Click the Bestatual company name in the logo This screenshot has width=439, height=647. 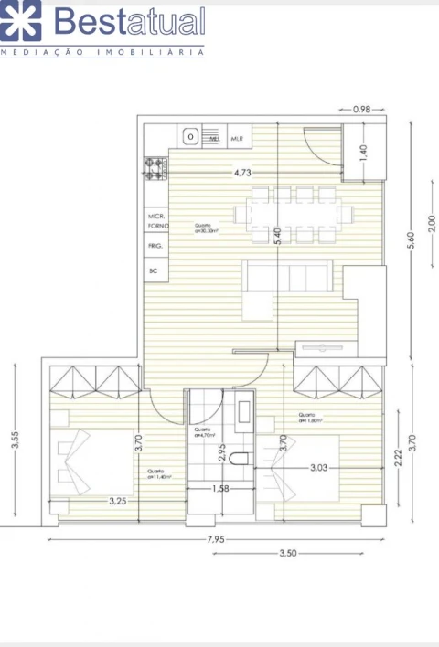[x=130, y=21]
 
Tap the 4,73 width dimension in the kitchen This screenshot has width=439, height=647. [x=242, y=171]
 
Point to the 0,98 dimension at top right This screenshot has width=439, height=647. [x=361, y=110]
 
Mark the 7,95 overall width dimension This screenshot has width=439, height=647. [x=216, y=539]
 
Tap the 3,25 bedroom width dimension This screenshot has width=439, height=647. [x=118, y=500]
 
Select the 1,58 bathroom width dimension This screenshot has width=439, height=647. [x=219, y=490]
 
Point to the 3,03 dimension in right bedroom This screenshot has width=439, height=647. [x=319, y=468]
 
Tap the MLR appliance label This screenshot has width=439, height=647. [x=237, y=139]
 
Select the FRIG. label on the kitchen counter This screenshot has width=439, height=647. [x=155, y=247]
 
